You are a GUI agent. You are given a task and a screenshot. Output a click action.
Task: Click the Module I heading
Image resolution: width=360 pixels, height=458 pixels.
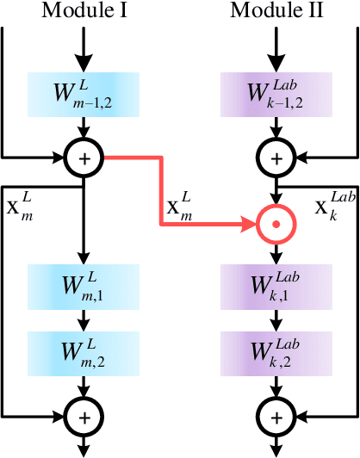pyautogui.click(x=84, y=11)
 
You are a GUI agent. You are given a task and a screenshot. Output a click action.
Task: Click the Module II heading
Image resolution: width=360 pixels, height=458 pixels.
pyautogui.click(x=276, y=11)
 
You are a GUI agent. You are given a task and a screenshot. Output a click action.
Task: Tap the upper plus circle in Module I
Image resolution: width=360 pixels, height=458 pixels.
pyautogui.click(x=84, y=158)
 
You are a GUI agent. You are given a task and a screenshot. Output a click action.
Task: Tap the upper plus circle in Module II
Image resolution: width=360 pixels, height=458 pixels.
pyautogui.click(x=276, y=158)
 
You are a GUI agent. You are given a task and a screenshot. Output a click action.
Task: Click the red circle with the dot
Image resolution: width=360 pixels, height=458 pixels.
pyautogui.click(x=276, y=225)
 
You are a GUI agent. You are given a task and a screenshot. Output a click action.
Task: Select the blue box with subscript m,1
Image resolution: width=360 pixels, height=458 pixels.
pyautogui.click(x=84, y=285)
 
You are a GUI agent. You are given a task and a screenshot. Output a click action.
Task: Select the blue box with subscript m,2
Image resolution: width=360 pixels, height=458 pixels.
pyautogui.click(x=84, y=353)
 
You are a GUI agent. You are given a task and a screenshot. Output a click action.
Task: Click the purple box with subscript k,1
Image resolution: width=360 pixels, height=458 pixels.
pyautogui.click(x=276, y=285)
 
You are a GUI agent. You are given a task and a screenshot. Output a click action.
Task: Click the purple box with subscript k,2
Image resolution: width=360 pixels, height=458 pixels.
pyautogui.click(x=276, y=353)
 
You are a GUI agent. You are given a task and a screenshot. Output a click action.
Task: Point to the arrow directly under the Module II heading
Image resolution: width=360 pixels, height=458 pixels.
pyautogui.click(x=276, y=50)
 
